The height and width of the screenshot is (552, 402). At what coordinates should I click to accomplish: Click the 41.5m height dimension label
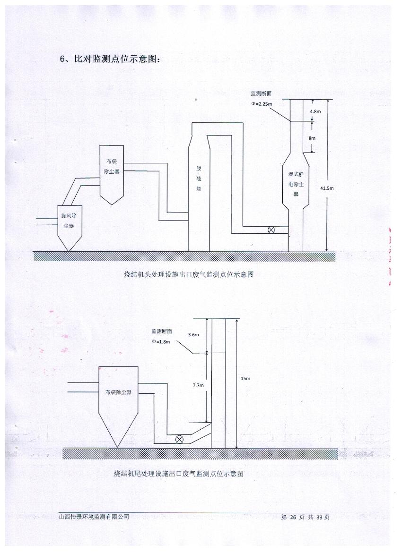coord(327,188)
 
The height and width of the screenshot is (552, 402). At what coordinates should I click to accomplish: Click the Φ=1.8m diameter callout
coord(161,341)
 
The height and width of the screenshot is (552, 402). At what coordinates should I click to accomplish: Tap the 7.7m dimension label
coord(198,386)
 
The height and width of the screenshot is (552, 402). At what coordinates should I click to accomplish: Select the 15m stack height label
coord(245,379)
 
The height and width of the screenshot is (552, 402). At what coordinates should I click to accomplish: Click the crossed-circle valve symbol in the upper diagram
coord(271,230)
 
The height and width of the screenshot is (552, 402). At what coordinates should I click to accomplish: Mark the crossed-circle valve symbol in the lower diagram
coord(179,439)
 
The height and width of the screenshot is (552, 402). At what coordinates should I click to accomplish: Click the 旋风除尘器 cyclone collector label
coord(70,221)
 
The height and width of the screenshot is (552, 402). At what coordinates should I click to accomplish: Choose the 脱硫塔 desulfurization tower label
coord(199,178)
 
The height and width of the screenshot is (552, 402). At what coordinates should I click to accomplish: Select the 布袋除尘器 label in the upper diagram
coord(112,167)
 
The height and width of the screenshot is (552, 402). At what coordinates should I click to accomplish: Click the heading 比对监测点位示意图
coord(114,59)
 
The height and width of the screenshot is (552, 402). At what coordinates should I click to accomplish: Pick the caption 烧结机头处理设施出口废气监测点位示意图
coord(189,275)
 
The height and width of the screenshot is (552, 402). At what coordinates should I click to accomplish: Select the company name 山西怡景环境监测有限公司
coord(94,517)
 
